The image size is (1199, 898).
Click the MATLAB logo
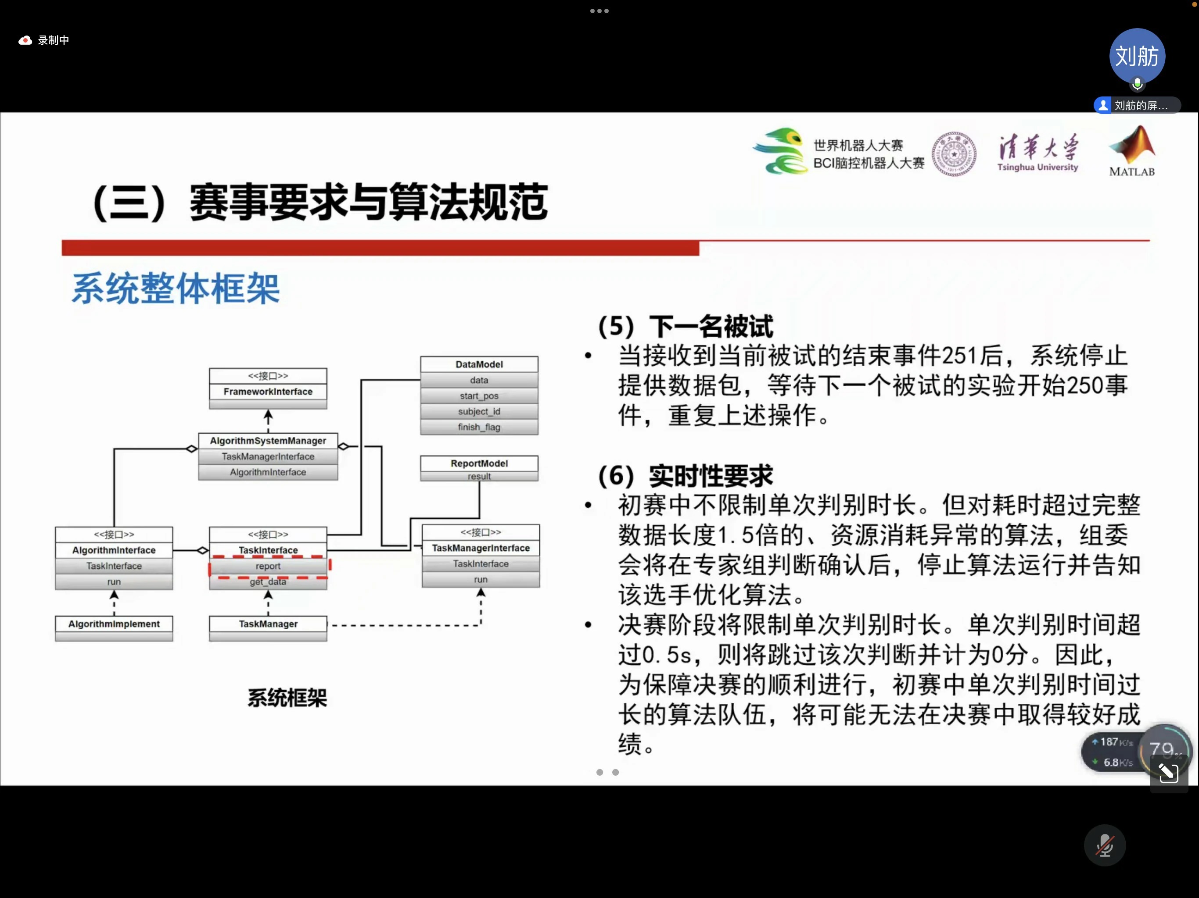click(1132, 151)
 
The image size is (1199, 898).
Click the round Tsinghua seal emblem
click(954, 154)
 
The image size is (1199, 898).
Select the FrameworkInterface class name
click(268, 392)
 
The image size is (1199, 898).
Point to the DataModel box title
click(479, 364)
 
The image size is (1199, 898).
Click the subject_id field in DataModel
click(479, 412)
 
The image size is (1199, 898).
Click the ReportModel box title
click(479, 463)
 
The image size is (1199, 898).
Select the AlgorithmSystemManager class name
click(268, 441)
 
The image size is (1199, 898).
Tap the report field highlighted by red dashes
click(268, 566)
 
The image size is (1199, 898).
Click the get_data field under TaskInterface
click(268, 582)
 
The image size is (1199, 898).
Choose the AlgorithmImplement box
click(114, 624)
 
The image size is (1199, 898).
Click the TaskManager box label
click(268, 624)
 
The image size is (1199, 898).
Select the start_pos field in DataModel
click(479, 396)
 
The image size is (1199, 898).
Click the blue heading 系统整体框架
click(176, 289)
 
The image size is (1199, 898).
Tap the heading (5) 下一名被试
click(686, 327)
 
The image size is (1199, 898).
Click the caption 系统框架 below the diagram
click(287, 698)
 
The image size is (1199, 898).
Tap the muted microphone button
click(1105, 845)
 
